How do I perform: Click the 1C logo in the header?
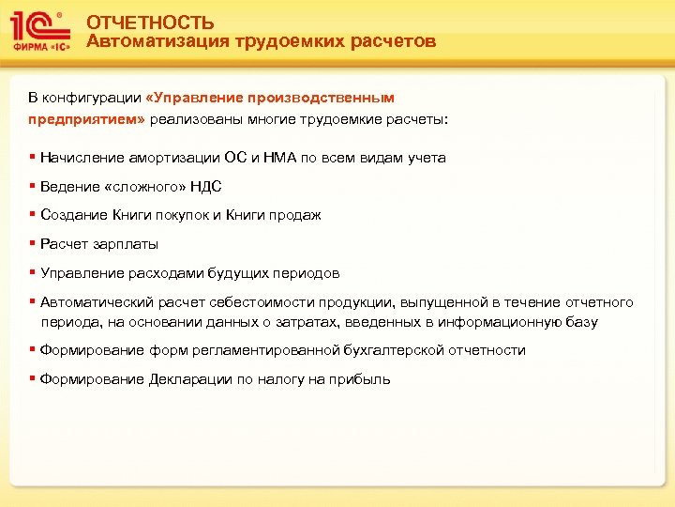pyautogui.click(x=40, y=31)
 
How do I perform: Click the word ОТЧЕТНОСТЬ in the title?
pyautogui.click(x=150, y=23)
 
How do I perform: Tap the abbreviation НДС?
pyautogui.click(x=205, y=187)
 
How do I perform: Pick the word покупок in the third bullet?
pyautogui.click(x=178, y=215)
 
